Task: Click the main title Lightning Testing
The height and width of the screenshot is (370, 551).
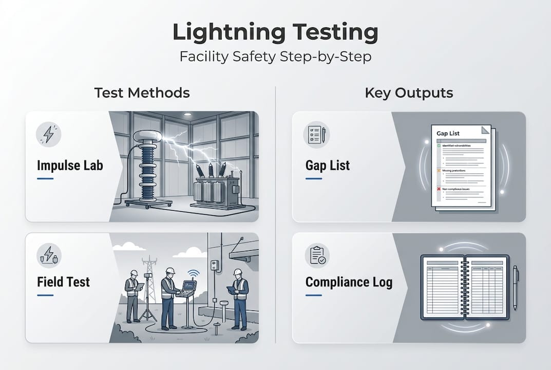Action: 275,32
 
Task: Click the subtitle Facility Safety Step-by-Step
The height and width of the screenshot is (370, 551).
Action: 275,56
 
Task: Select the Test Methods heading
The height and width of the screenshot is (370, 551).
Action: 142,93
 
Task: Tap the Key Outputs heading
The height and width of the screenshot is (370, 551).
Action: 409,93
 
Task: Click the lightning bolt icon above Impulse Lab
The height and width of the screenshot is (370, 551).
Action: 49,135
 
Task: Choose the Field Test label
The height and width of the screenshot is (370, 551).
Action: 64,282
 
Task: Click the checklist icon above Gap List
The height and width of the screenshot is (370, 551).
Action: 317,135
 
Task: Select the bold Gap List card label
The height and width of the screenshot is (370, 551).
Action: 328,165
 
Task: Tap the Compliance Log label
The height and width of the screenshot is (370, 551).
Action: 349,282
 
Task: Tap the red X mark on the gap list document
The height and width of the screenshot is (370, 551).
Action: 440,189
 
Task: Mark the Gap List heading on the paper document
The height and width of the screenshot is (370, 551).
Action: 448,133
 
